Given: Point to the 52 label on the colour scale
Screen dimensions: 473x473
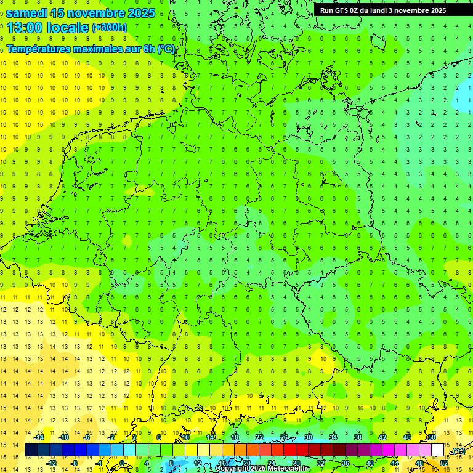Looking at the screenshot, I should click(x=444, y=463).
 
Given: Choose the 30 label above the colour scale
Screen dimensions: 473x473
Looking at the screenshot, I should click(x=308, y=437).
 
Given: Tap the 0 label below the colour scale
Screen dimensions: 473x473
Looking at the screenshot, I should click(x=123, y=463).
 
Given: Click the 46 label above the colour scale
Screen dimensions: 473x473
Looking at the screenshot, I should click(x=406, y=437).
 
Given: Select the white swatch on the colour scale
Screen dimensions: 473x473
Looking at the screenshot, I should click(x=437, y=450).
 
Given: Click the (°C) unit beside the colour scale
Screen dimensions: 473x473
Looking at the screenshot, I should click(x=458, y=451).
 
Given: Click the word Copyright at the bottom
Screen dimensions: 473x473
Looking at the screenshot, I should click(x=233, y=469).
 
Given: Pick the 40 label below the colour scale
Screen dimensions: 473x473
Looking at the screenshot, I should click(x=370, y=463).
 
